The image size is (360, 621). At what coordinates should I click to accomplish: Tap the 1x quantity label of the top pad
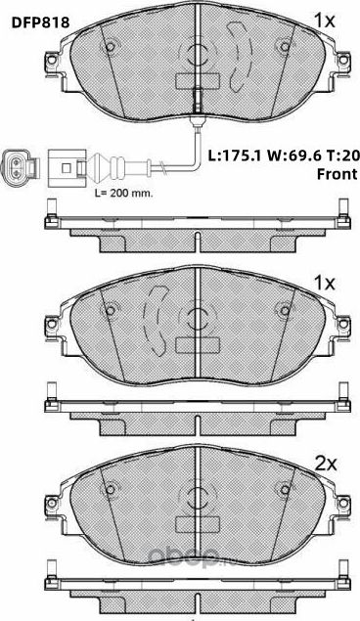click(x=324, y=18)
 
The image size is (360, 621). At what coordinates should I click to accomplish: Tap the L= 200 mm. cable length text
click(x=122, y=193)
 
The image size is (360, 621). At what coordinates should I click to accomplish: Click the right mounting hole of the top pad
click(x=285, y=44)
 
